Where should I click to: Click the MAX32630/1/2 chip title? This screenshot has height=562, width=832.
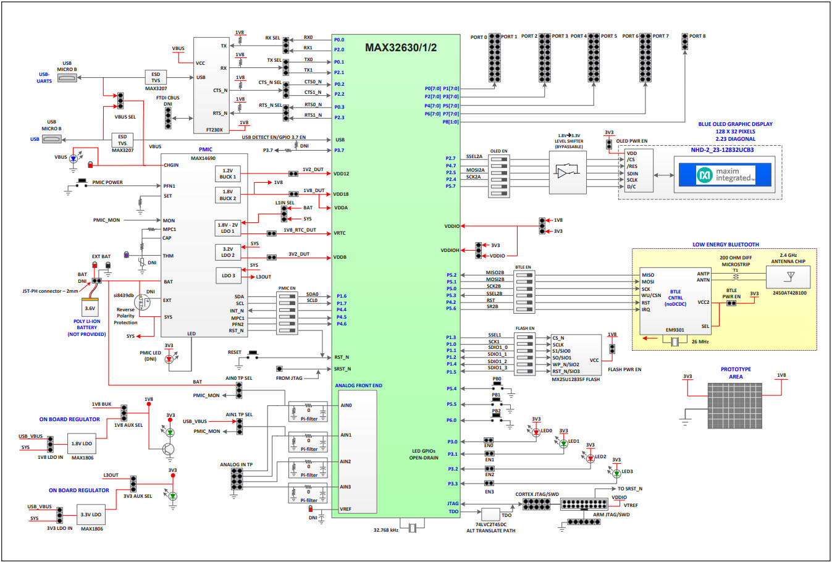click(401, 48)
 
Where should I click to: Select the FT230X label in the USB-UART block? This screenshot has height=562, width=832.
click(214, 130)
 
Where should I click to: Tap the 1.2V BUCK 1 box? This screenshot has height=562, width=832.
click(227, 174)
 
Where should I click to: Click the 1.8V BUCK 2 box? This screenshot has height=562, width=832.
click(227, 195)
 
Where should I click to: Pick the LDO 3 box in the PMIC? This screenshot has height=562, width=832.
click(227, 275)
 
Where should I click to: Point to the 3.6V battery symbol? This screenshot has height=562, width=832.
click(90, 308)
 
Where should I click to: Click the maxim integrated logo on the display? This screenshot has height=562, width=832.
click(725, 175)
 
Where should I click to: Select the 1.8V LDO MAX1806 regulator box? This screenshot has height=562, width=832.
click(82, 443)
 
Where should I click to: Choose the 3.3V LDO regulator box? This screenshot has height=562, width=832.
click(91, 514)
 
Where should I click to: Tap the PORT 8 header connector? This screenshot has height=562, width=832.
click(684, 41)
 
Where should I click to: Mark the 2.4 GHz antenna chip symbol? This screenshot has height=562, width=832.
click(788, 276)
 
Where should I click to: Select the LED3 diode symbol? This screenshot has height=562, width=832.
click(616, 473)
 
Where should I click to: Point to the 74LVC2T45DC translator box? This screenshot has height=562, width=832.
click(490, 514)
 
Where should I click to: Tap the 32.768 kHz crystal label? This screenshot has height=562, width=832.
click(385, 530)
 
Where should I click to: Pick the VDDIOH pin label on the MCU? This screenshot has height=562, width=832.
click(450, 250)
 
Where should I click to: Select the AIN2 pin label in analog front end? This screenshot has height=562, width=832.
click(345, 461)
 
